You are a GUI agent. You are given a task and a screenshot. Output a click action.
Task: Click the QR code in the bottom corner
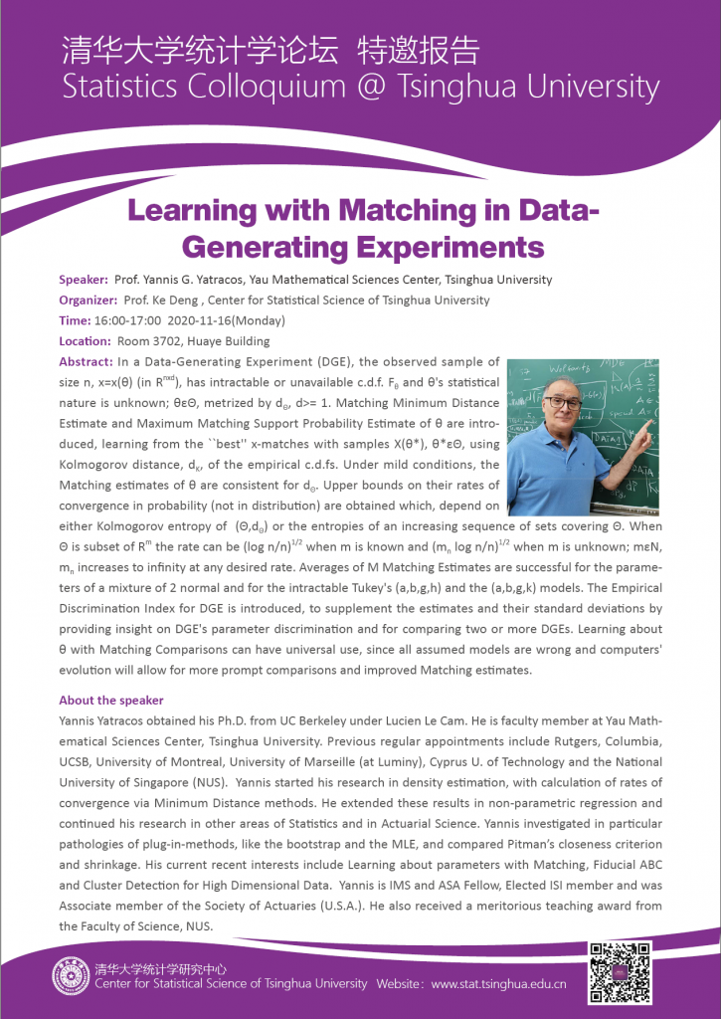click(x=622, y=972)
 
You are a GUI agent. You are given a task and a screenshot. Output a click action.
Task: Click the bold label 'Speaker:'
click(x=85, y=280)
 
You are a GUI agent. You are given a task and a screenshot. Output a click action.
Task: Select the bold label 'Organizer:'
click(x=90, y=300)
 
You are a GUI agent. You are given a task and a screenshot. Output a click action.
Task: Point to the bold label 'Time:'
click(x=75, y=320)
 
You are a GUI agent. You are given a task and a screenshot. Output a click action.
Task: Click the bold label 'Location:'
click(x=85, y=340)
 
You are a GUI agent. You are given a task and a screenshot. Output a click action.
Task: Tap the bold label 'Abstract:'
click(x=87, y=361)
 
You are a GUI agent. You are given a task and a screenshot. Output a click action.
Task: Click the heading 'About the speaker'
click(x=111, y=700)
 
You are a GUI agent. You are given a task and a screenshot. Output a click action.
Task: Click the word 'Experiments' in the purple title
click(x=448, y=246)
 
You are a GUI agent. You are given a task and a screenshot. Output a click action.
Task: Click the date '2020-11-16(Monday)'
click(x=223, y=320)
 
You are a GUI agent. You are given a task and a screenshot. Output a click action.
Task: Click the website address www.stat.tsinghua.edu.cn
click(x=498, y=984)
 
